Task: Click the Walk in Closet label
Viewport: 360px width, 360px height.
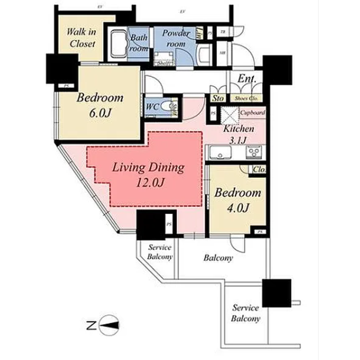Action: coord(81,37)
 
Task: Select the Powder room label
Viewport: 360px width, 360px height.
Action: coord(176,38)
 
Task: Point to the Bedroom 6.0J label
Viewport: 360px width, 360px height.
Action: coord(100,104)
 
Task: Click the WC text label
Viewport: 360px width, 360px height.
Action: coord(152,105)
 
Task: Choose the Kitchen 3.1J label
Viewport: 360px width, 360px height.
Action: coord(238,134)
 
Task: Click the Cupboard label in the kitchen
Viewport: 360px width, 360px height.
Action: coord(253,113)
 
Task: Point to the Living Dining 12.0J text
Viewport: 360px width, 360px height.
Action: coord(148,174)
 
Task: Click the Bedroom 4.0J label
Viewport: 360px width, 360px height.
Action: coord(237,200)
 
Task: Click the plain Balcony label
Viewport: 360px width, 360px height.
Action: coord(217,258)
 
